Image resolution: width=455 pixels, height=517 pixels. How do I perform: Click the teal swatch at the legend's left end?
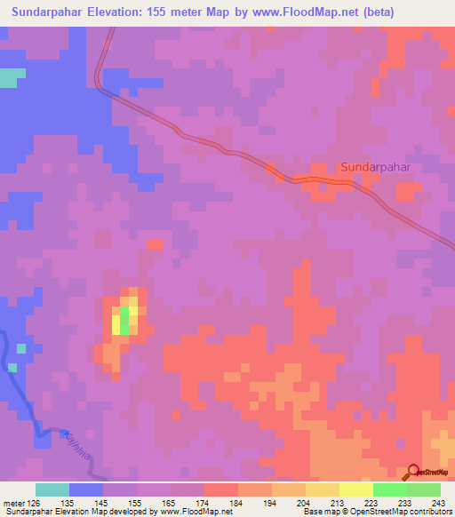pos(52,489)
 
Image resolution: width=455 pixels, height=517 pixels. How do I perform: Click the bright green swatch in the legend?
pos(389,489)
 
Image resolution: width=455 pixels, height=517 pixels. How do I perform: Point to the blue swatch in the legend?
pos(86,489)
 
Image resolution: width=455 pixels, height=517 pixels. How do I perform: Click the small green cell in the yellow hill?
pos(124,323)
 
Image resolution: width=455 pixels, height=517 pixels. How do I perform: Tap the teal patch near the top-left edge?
pos(8,78)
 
